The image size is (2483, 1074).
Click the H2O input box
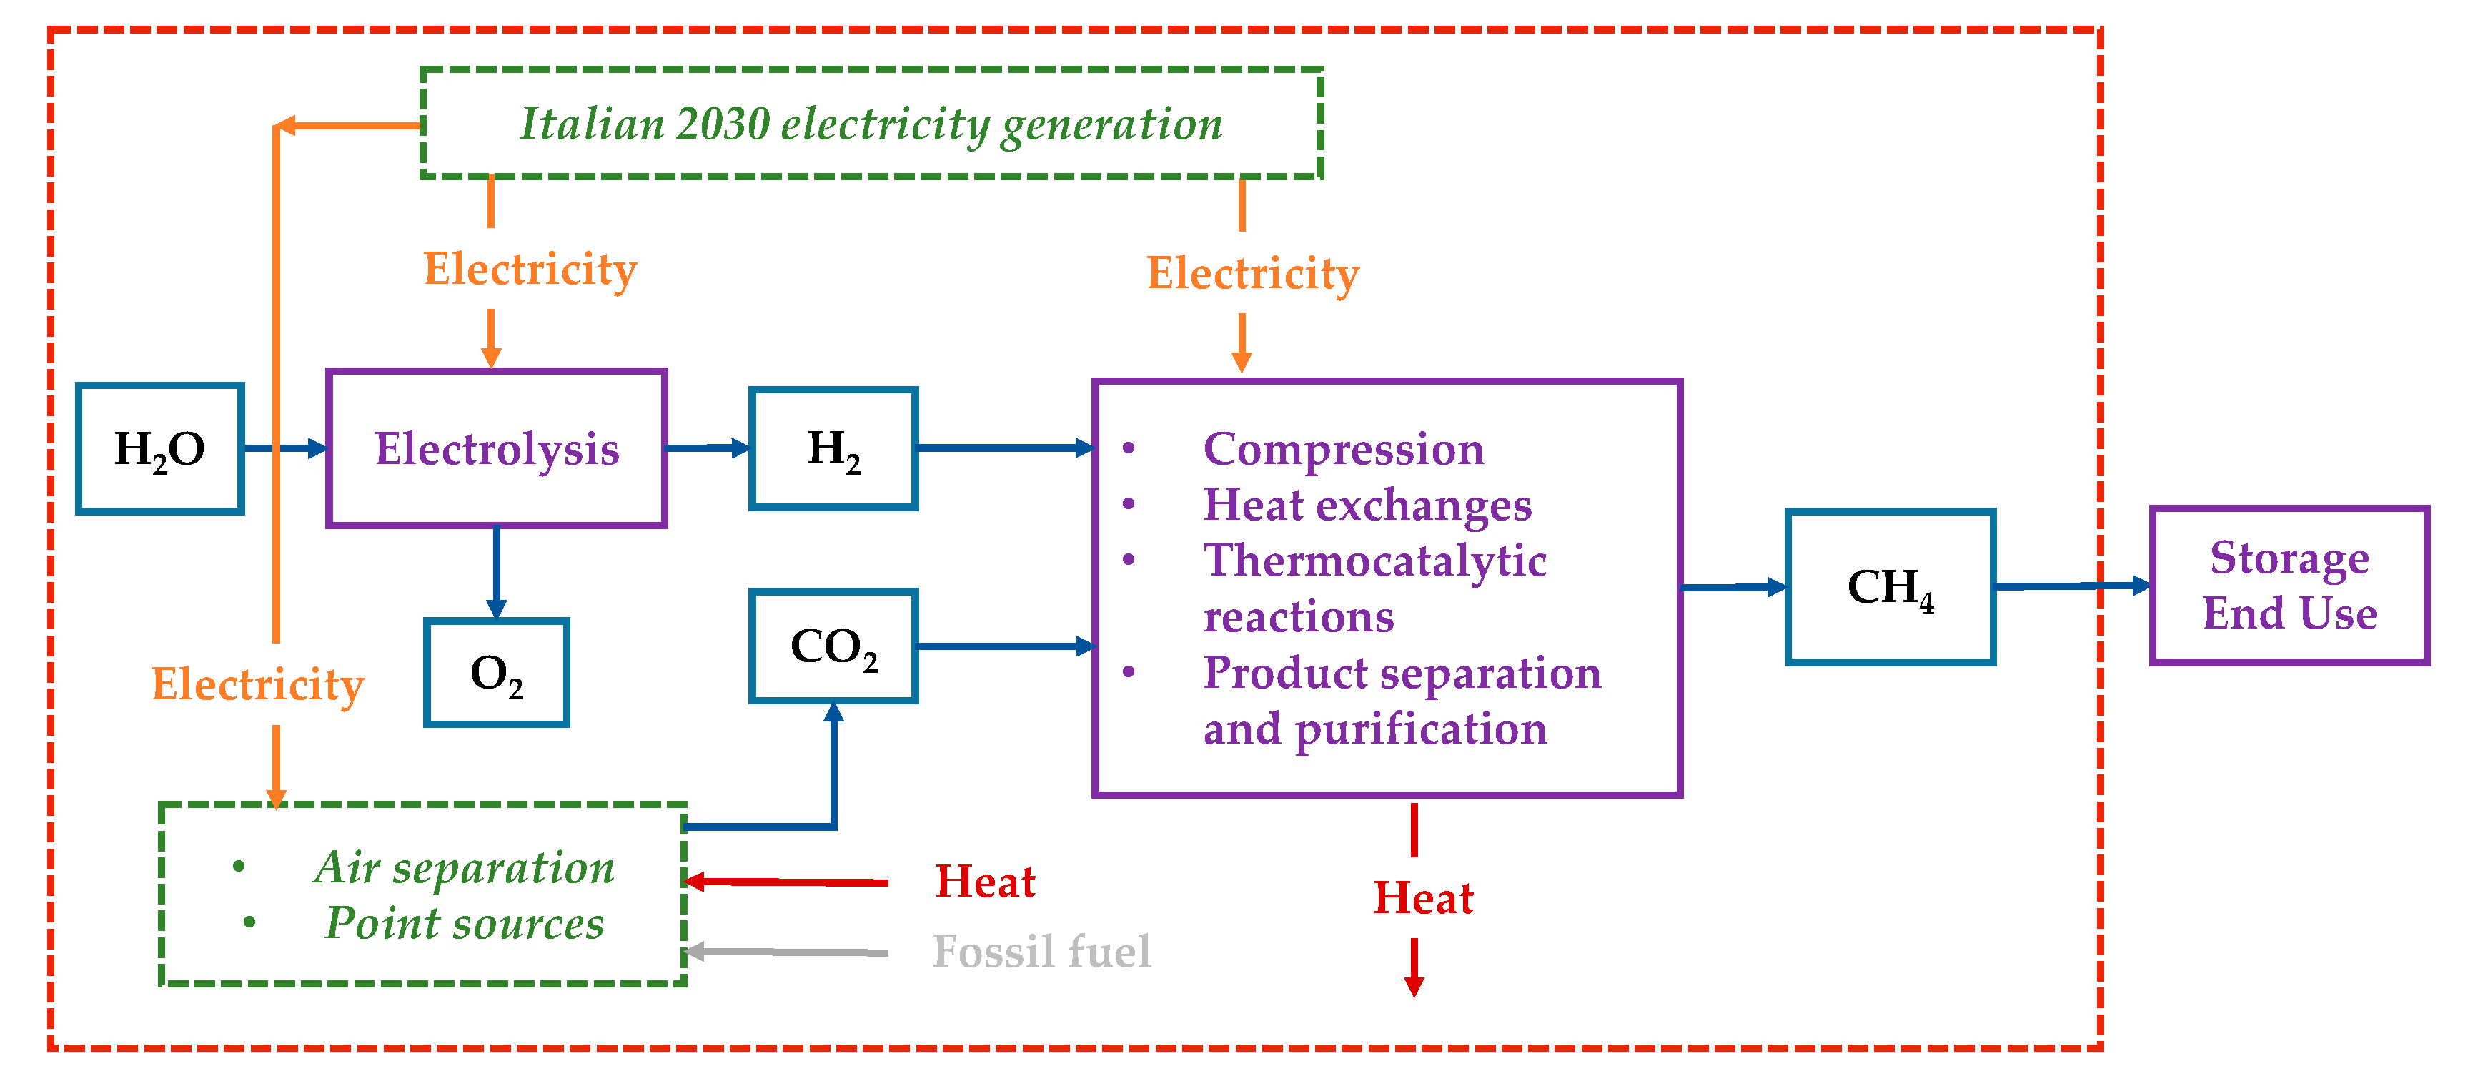159,448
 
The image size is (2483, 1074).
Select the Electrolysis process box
497,448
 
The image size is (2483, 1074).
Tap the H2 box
833,448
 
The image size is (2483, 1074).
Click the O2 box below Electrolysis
497,673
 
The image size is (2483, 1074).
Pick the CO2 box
833,646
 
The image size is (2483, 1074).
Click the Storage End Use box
2289,585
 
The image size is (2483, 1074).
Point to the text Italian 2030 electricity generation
871,124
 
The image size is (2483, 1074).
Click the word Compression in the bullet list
1344,448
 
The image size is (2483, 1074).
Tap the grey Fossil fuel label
1041,952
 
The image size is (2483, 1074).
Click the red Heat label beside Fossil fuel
985,881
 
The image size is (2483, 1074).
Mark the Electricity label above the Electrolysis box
530,269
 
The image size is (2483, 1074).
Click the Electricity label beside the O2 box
257,684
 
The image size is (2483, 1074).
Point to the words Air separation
465,867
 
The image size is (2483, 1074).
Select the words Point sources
465,922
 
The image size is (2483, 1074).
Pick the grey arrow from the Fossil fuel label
785,952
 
